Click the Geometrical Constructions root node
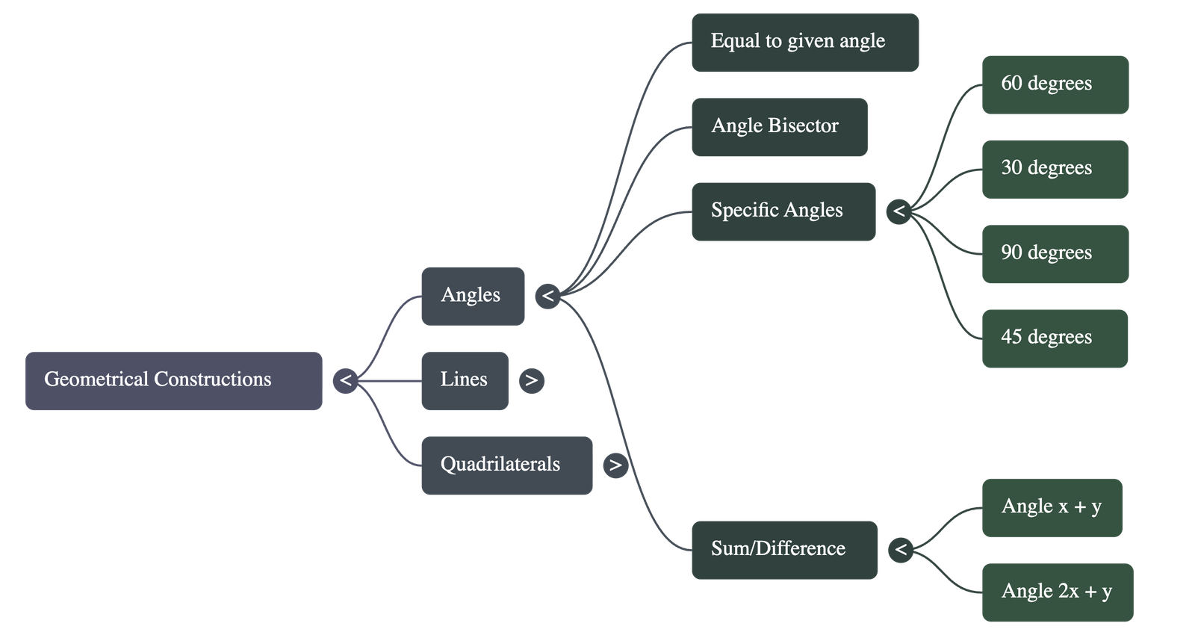173,380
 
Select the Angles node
472,296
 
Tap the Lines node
464,380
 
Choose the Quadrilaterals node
506,465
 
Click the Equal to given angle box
804,42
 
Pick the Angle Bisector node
779,126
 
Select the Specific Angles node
783,211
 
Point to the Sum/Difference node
784,550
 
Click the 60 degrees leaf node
1055,84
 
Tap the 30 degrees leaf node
1055,169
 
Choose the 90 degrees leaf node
1055,253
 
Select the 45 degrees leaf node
1055,338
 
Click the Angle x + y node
1052,507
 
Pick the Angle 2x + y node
1057,592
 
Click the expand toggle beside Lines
531,380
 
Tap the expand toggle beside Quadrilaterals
615,465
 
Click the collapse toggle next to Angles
547,296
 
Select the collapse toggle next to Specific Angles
898,211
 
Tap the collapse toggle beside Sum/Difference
901,550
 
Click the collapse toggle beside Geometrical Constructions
345,380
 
